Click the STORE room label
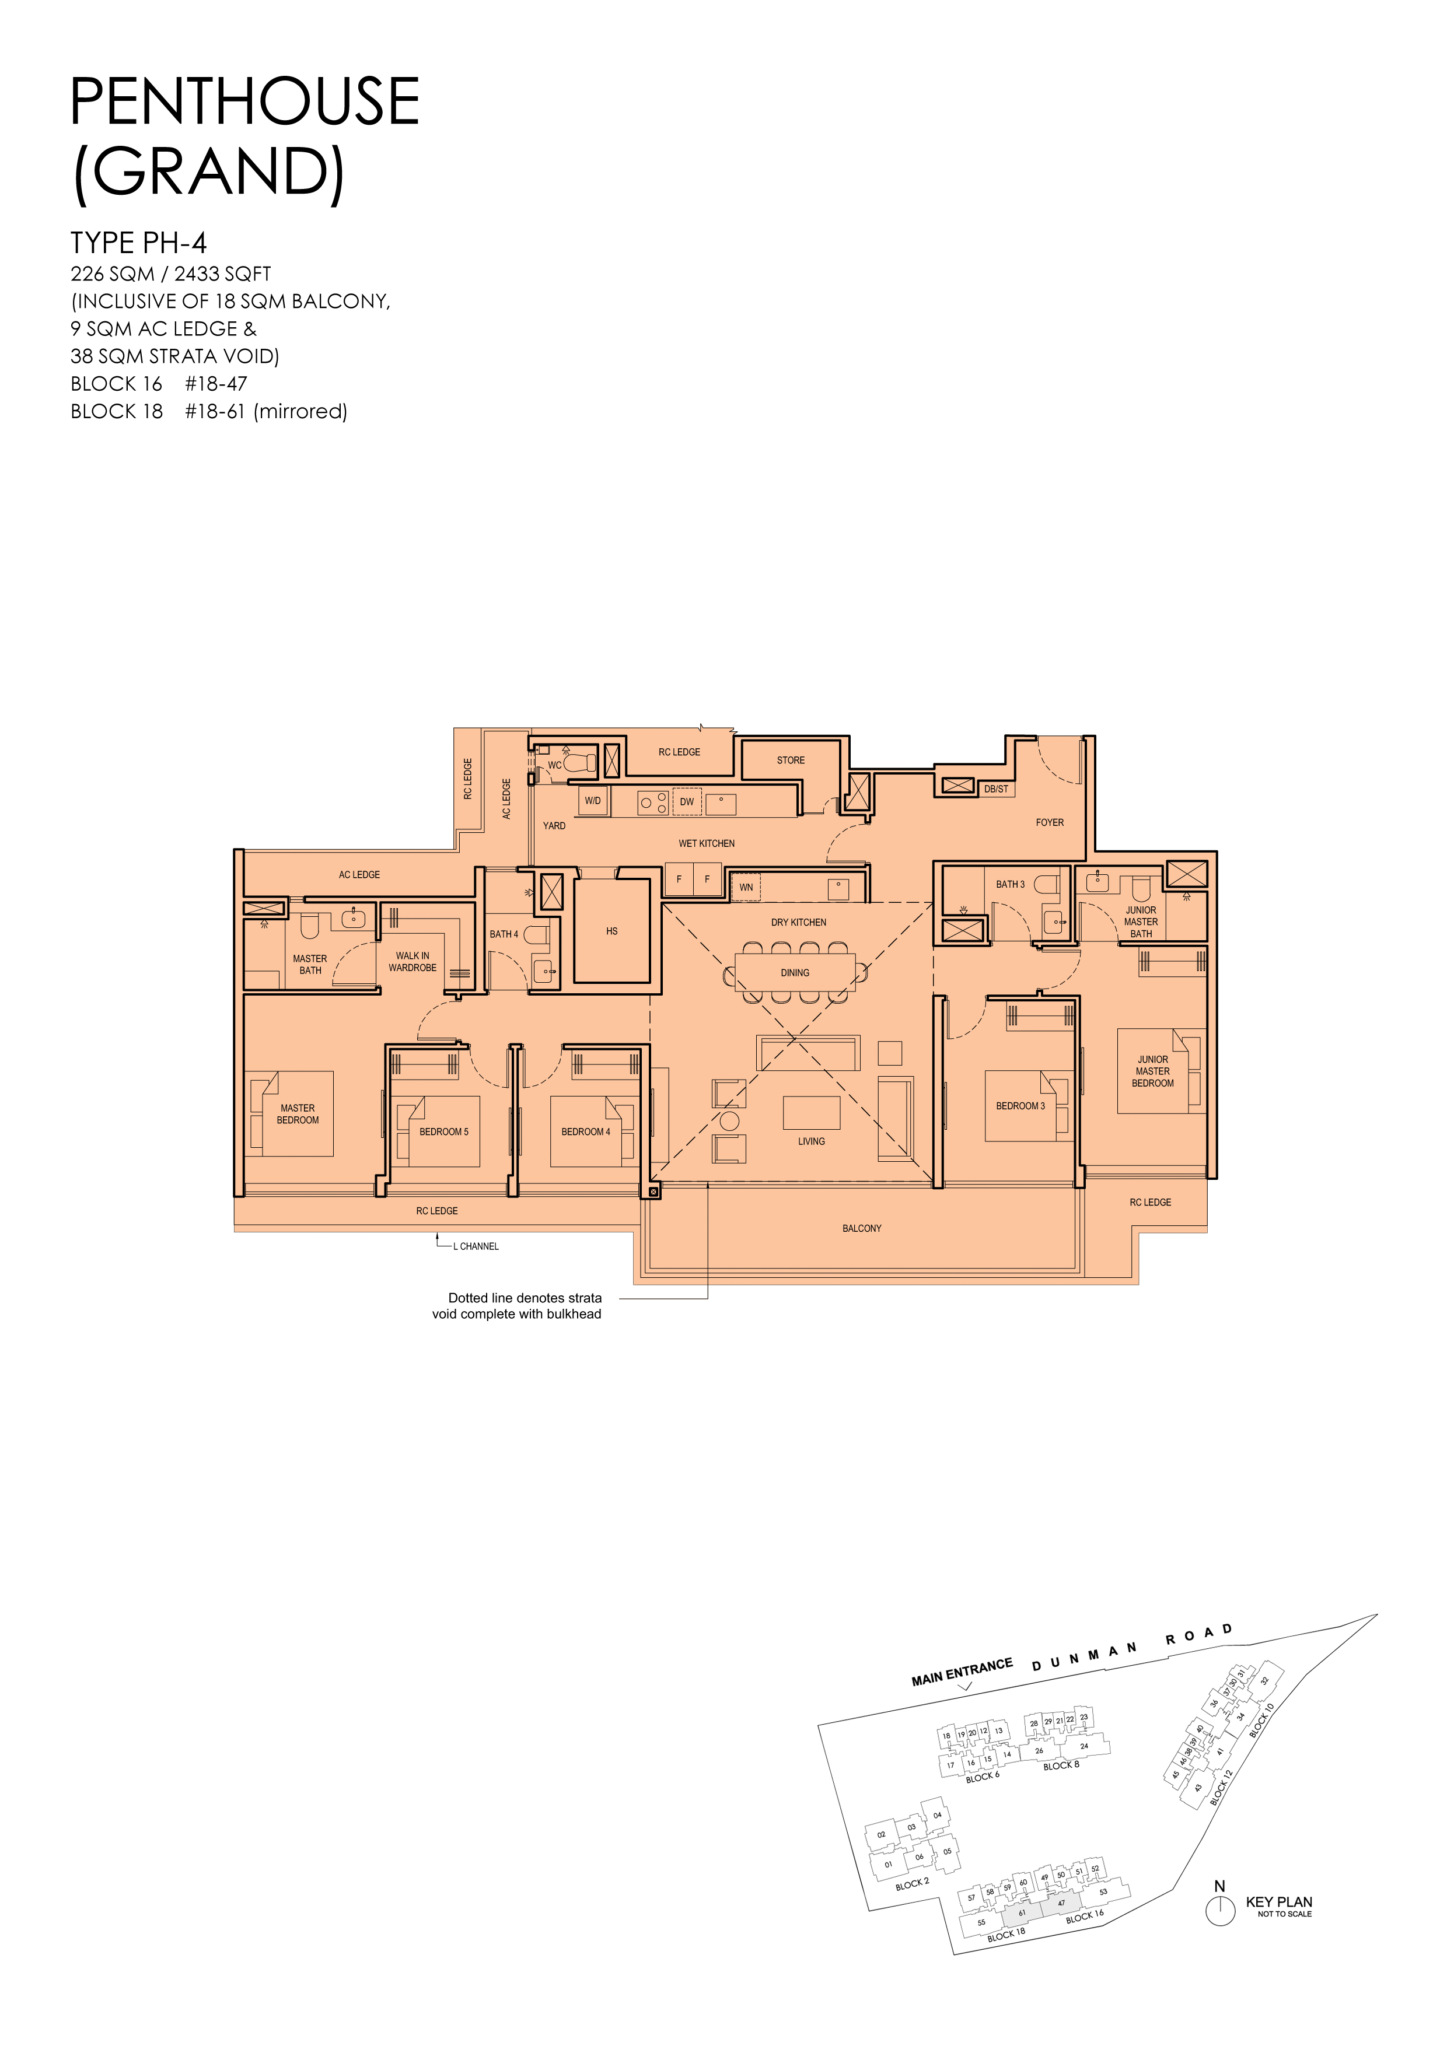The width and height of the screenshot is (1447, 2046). point(790,760)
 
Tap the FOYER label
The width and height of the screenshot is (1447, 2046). point(1049,822)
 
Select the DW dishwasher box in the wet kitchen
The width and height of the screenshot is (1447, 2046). point(687,801)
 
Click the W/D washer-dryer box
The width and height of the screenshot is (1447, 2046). point(593,800)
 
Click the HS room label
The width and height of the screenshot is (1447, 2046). point(611,931)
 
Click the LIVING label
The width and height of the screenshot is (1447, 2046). point(812,1141)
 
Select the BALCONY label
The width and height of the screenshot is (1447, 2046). point(861,1228)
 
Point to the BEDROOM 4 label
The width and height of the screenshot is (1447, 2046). point(586,1131)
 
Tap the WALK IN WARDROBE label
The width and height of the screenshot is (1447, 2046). point(413,962)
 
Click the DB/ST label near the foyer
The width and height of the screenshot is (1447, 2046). point(996,789)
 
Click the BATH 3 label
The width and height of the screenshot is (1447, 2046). point(1010,884)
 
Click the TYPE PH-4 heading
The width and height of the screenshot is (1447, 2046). point(138,243)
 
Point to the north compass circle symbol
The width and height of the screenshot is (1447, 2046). point(1219,1911)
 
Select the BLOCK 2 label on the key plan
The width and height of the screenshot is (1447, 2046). point(912,1884)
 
